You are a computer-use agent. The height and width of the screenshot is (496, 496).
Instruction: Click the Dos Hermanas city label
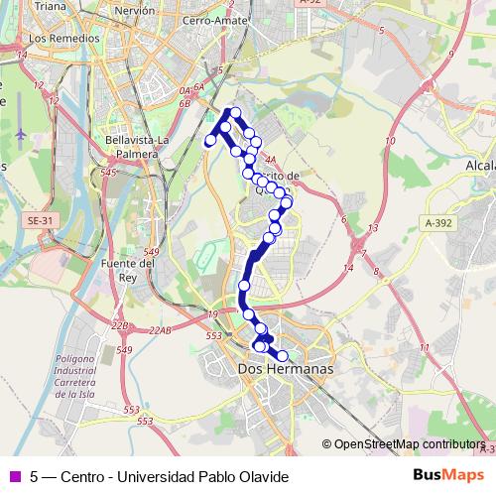click(286, 369)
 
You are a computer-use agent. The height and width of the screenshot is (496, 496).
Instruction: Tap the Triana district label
click(49, 6)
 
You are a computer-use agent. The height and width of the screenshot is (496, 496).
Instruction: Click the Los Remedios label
click(65, 38)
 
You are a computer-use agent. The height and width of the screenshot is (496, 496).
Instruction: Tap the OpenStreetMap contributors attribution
click(408, 444)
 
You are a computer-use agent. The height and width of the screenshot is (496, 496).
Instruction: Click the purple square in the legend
click(13, 476)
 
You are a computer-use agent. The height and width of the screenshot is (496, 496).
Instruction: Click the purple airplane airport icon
click(21, 132)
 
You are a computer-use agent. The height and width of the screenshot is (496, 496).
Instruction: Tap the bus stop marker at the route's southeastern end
click(282, 355)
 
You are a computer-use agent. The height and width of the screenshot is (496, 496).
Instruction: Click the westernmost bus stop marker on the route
click(210, 142)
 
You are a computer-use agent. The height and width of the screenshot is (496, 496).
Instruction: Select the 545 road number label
click(108, 173)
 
